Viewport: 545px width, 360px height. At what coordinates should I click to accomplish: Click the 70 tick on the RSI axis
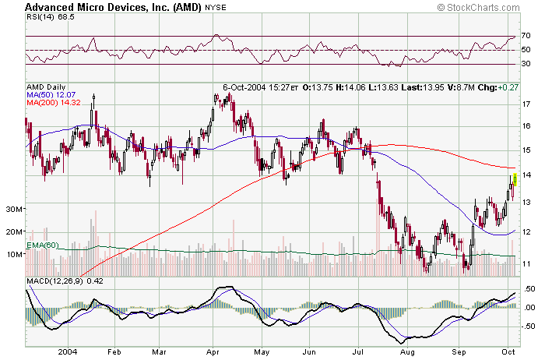[x=526, y=36]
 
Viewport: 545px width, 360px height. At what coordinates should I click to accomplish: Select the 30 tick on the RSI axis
[x=526, y=64]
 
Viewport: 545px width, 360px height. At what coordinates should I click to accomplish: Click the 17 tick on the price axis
[x=526, y=104]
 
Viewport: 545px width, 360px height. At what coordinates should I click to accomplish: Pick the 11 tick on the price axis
[x=526, y=263]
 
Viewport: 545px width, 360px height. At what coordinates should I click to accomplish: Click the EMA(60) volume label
[x=43, y=245]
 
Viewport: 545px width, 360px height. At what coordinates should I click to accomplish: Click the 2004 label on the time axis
[x=68, y=352]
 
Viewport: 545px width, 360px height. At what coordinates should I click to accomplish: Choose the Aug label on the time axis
[x=406, y=352]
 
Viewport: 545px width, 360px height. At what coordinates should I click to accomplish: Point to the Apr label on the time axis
[x=212, y=352]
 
